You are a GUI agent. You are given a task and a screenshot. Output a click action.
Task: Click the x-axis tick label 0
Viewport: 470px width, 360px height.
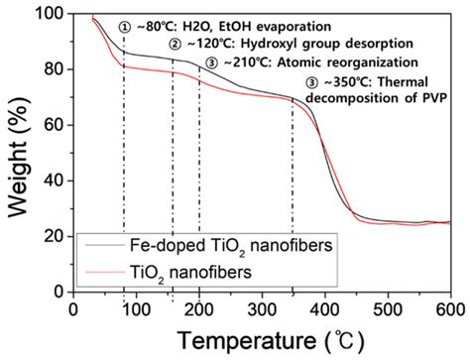(72, 307)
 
